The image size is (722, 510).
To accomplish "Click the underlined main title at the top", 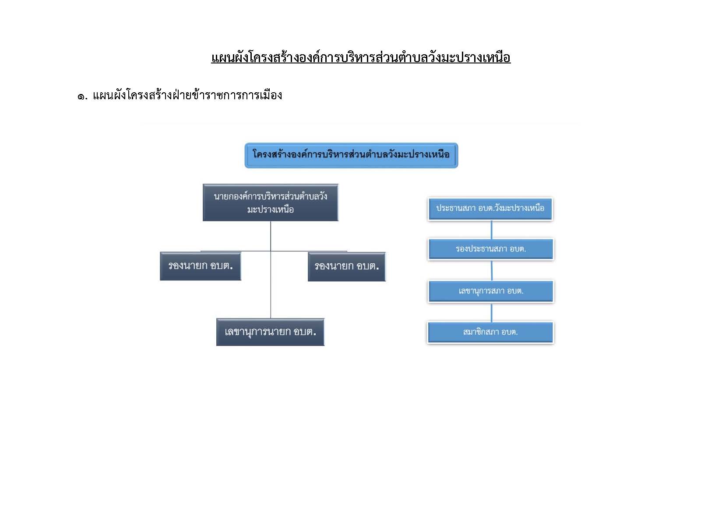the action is (x=361, y=58).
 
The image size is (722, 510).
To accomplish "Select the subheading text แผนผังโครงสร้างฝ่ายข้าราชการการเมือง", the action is (x=187, y=95).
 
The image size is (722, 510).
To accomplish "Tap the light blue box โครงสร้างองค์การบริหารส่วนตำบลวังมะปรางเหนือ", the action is (x=351, y=156).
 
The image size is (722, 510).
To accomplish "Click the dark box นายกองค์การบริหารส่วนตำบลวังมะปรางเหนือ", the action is (x=271, y=203).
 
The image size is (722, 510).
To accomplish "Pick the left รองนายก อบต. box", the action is (x=201, y=266).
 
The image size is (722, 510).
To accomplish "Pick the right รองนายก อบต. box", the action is (x=347, y=267).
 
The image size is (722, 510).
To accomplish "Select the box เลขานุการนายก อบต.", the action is (x=270, y=332).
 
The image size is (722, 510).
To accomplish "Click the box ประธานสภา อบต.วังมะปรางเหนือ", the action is (x=490, y=209).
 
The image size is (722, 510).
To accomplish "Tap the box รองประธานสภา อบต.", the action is (x=491, y=249).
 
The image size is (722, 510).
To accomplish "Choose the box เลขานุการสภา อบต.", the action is (x=491, y=291).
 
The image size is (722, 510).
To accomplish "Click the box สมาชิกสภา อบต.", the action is (x=490, y=332).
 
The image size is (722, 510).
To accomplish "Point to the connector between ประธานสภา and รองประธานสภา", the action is (x=491, y=230).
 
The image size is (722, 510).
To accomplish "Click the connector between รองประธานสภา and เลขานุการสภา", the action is (x=492, y=270).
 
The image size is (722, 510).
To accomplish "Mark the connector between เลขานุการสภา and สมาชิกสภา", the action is (x=491, y=312).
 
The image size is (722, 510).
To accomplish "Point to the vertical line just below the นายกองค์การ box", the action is (x=271, y=236).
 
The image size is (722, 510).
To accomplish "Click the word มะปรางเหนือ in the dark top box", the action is (x=271, y=210).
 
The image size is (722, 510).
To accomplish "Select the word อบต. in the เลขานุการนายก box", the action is (x=305, y=332).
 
